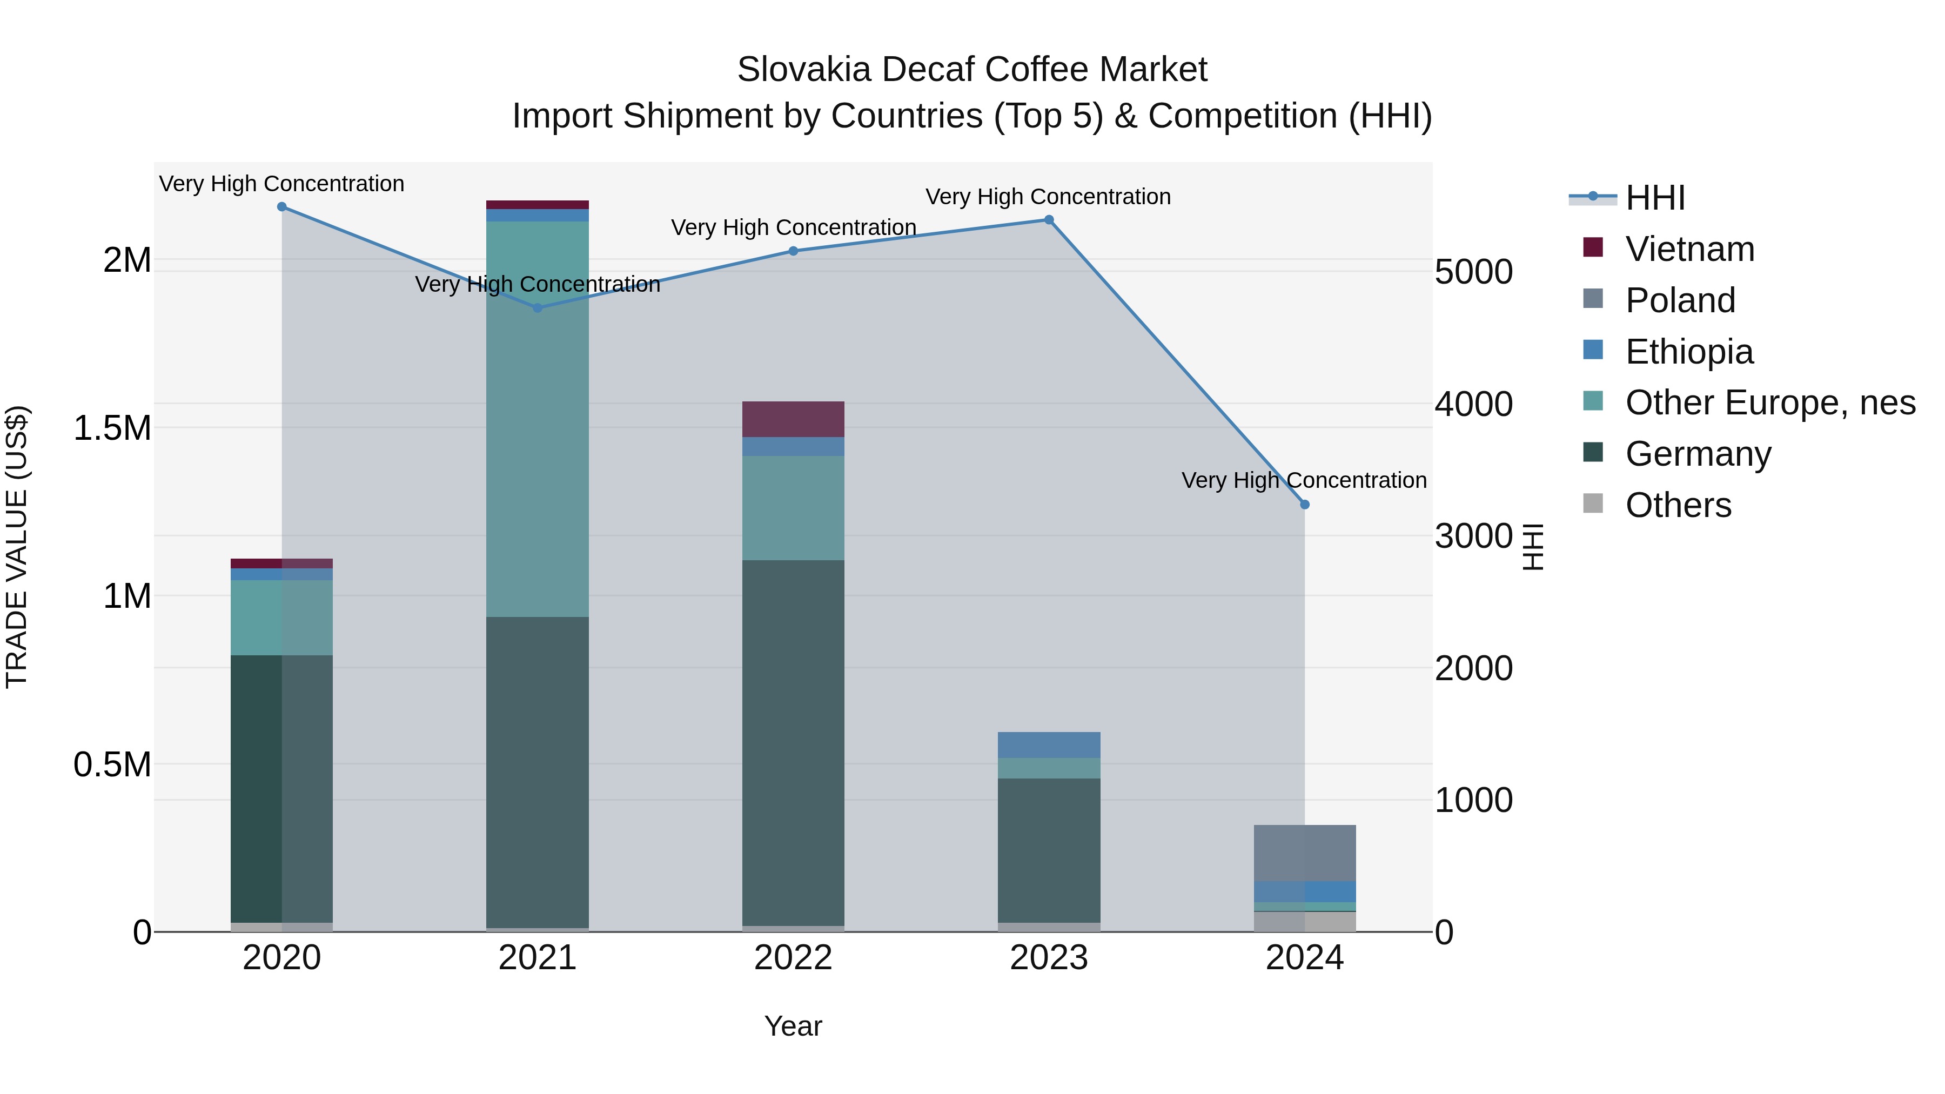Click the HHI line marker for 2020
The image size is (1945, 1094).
(281, 207)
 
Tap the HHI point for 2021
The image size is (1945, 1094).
(538, 308)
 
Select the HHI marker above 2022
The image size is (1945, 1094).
(793, 251)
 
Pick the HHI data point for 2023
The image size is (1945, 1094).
(1049, 220)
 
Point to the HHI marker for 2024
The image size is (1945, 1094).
(1304, 505)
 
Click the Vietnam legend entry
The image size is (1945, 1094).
(1689, 249)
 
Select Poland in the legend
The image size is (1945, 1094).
(1680, 300)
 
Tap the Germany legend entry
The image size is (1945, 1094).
(1698, 454)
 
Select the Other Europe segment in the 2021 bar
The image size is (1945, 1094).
(538, 419)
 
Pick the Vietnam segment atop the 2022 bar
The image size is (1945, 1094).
(793, 419)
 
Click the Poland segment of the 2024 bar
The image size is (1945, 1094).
(1304, 853)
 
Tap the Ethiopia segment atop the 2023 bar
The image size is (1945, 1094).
(1049, 744)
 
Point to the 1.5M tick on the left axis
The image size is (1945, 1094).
(112, 428)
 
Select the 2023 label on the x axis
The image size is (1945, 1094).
(1049, 958)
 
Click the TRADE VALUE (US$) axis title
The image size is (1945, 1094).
(17, 547)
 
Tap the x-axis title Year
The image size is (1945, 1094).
(793, 1026)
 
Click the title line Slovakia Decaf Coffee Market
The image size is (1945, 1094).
(972, 70)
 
